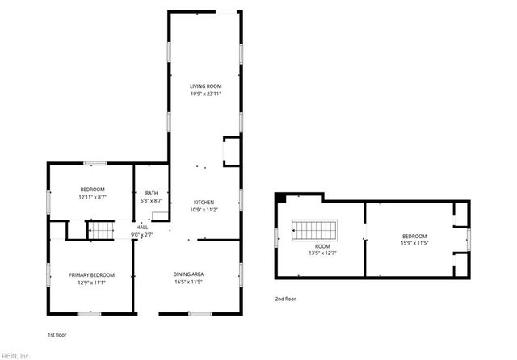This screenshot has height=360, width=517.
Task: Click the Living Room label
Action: pos(205,86)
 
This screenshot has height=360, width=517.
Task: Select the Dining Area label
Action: pos(189,275)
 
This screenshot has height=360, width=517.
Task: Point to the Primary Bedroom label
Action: pos(91,275)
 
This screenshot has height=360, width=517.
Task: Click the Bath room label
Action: pos(151,193)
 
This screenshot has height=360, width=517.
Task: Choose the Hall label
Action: pos(142,228)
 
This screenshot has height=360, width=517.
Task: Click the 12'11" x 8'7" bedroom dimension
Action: pos(93,197)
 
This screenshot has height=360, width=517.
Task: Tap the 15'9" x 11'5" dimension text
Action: pos(414,243)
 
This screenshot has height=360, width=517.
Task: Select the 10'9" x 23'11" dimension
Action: pos(205,94)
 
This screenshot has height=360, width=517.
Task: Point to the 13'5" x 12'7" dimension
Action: pos(322,253)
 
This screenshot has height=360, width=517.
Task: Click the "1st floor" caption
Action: pos(56,333)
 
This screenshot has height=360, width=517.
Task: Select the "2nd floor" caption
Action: pos(284,299)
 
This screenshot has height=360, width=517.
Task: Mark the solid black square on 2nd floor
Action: pos(280,198)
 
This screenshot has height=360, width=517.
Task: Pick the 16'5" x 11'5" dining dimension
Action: pos(189,283)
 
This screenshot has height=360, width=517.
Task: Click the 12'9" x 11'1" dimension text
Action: pos(91,283)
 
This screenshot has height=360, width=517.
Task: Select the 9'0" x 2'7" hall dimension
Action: pos(142,235)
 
